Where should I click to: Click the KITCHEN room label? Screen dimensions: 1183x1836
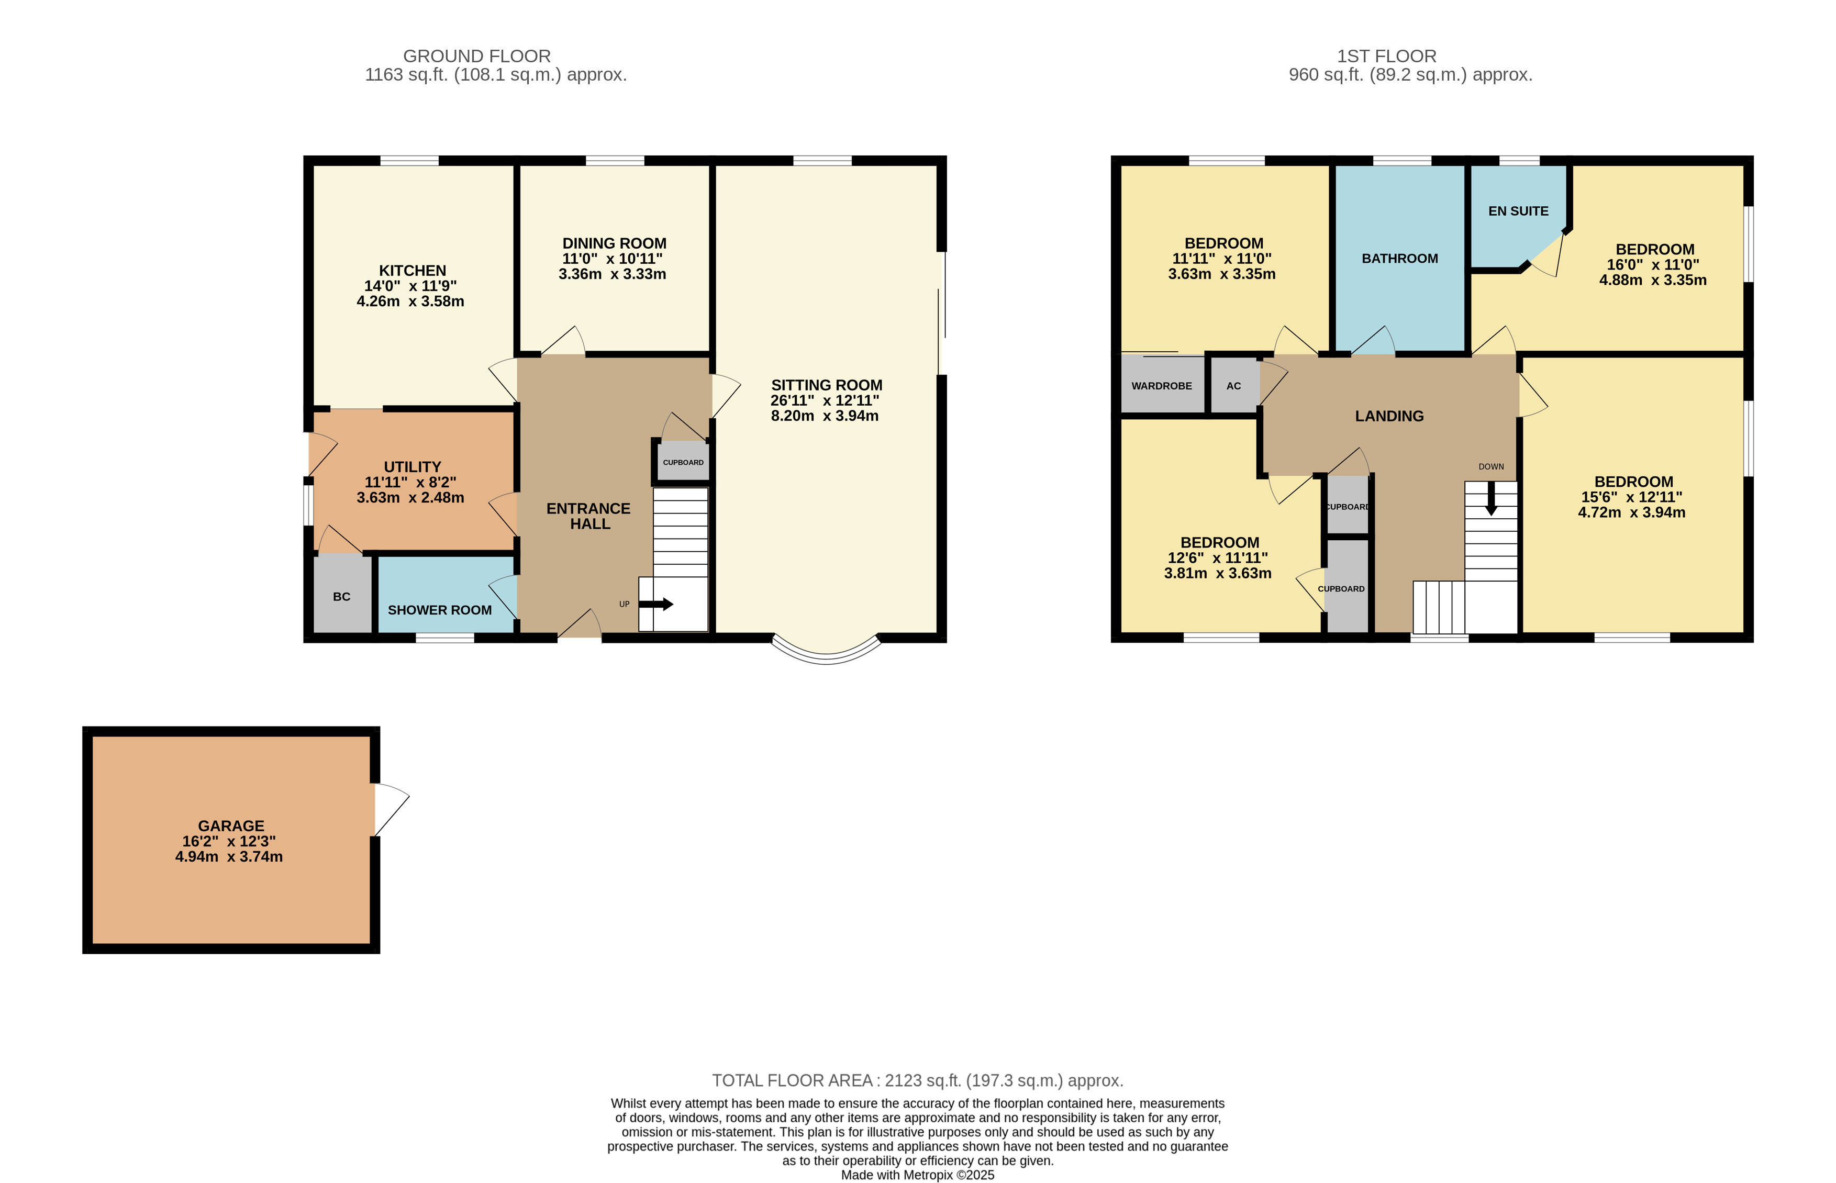tap(412, 271)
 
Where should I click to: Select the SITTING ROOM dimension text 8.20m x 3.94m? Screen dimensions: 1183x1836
tap(824, 416)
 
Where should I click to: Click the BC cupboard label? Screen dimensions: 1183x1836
tap(342, 597)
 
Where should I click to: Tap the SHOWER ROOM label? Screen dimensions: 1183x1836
tap(439, 610)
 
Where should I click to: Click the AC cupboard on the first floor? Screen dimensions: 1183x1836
tap(1234, 386)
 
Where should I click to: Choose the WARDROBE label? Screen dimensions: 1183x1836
tap(1162, 386)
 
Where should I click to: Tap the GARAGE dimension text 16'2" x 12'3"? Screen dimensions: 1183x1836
tap(229, 841)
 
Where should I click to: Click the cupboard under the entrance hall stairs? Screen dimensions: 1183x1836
tap(683, 462)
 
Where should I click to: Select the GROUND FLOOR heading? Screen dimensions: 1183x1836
tap(476, 56)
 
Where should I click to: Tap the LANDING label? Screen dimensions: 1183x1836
tap(1389, 416)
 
